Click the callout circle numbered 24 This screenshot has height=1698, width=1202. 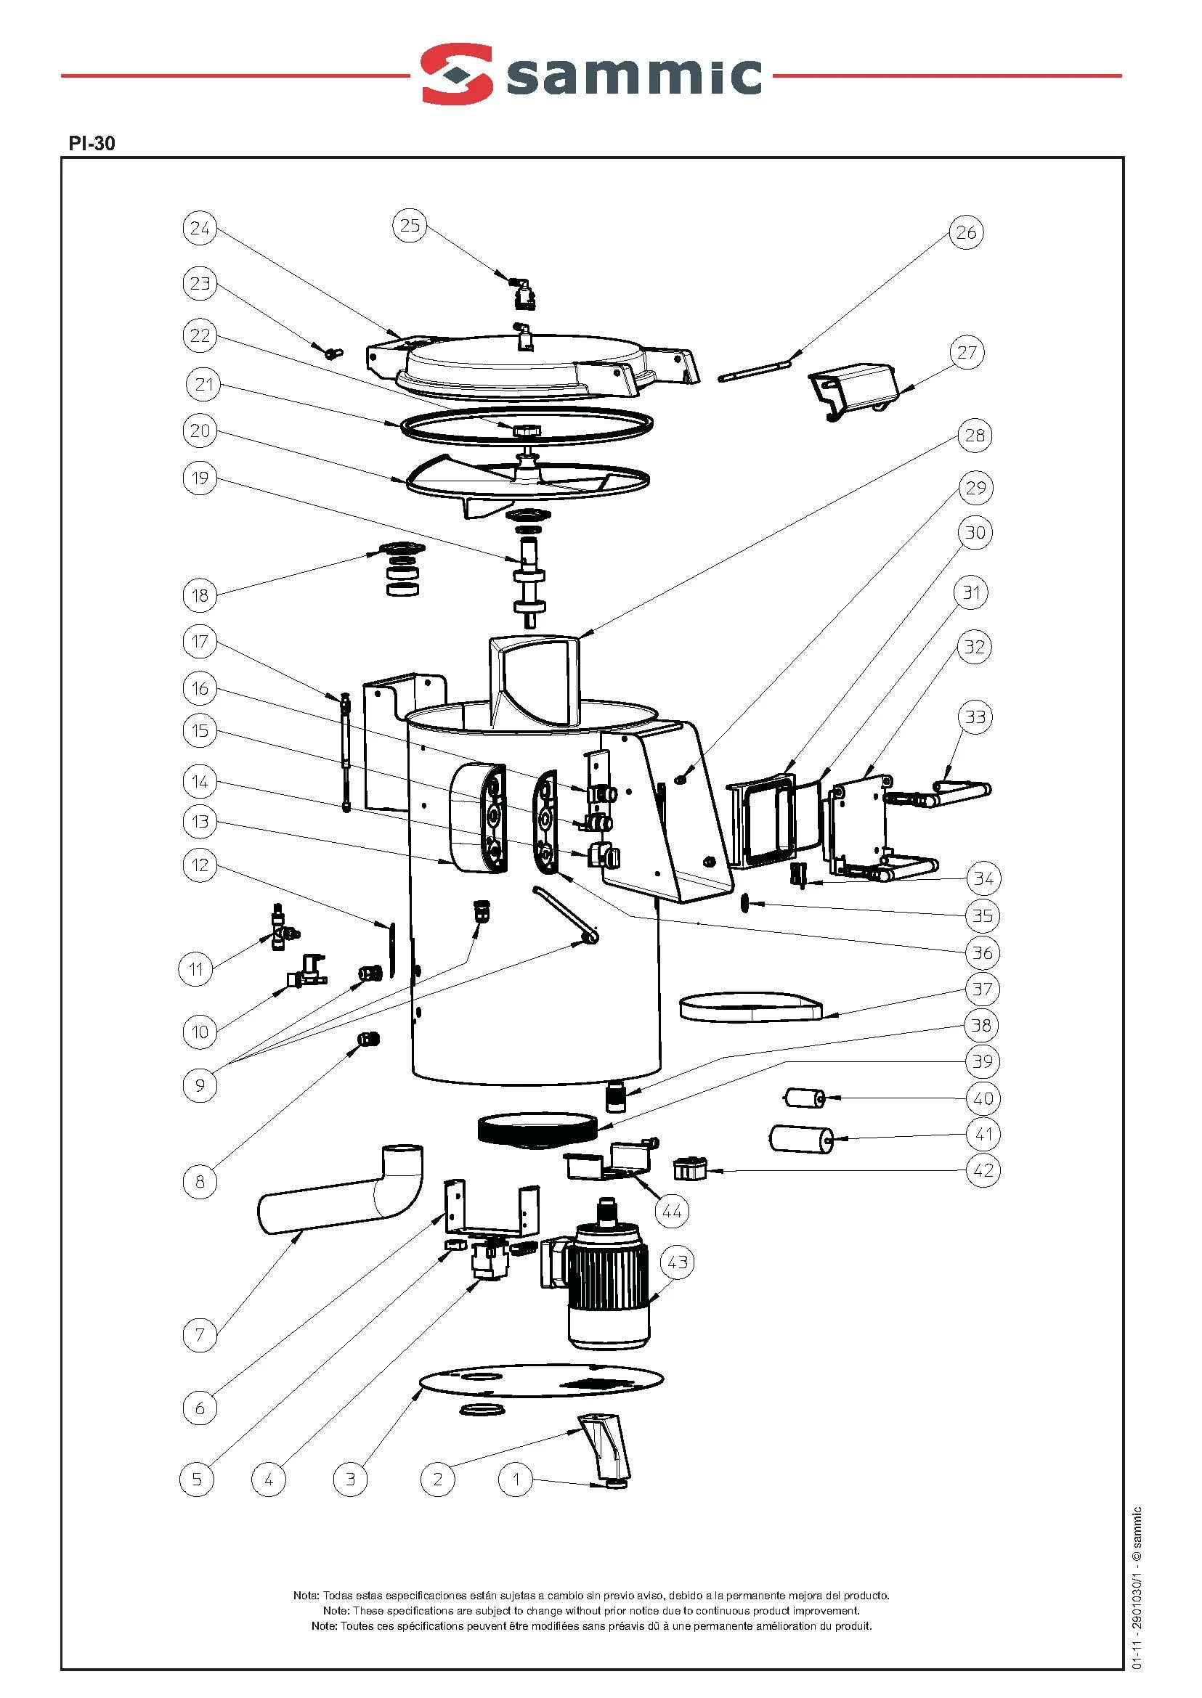coord(200,228)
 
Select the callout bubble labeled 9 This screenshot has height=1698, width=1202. coord(200,1085)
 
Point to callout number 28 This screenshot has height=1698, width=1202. coord(975,435)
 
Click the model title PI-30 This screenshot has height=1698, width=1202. coord(92,143)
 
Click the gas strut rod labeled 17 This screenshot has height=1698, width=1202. coord(346,752)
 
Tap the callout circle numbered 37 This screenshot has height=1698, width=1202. coord(982,989)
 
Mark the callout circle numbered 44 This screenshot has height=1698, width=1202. coord(671,1211)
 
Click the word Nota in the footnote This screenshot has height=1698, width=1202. coord(306,1596)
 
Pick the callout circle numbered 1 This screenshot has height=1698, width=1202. coord(516,1479)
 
